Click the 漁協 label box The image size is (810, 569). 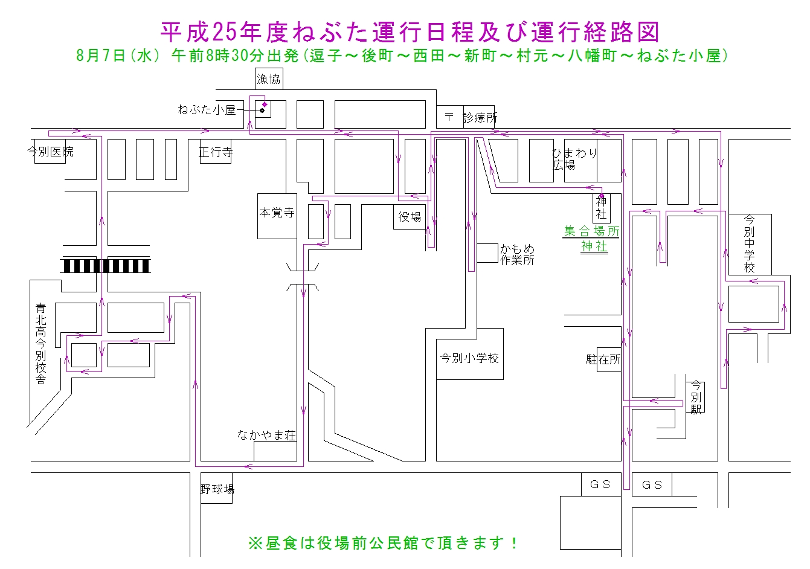click(269, 79)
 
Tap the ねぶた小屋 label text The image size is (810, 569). click(207, 109)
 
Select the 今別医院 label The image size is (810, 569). click(50, 151)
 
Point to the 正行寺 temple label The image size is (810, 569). click(216, 152)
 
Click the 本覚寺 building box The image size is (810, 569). click(277, 216)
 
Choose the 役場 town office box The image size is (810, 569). click(410, 217)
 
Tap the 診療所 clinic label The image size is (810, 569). click(480, 118)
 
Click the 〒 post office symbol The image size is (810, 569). click(449, 117)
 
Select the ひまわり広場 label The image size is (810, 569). click(574, 159)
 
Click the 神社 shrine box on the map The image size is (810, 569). click(602, 208)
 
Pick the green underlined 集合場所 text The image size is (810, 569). click(591, 231)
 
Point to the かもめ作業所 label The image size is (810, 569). click(517, 254)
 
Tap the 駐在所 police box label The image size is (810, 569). click(603, 359)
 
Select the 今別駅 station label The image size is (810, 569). click(696, 397)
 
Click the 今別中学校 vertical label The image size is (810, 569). click(749, 243)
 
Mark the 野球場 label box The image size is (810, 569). click(217, 488)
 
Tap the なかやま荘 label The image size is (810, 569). click(266, 436)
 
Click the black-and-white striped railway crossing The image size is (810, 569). click(106, 266)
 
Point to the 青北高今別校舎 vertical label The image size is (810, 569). click(41, 344)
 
